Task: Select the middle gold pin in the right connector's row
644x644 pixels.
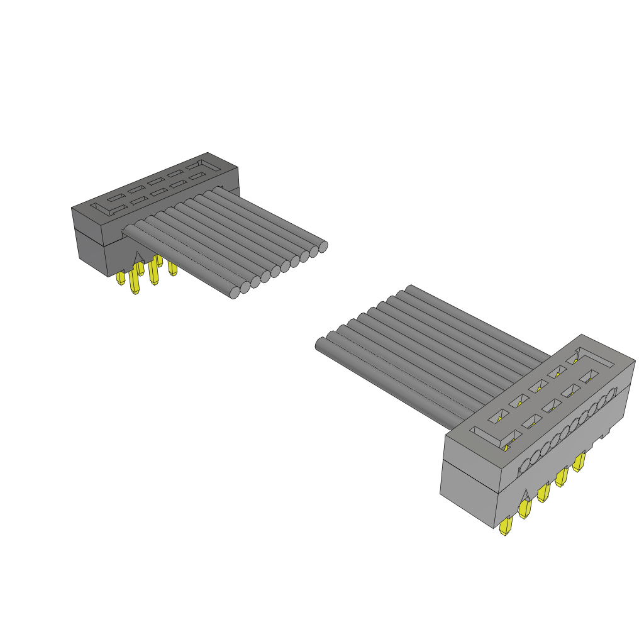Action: tap(542, 492)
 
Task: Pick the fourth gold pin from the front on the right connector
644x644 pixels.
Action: tap(560, 477)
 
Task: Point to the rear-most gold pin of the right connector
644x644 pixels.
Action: tap(579, 462)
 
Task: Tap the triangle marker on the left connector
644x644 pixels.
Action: tap(138, 258)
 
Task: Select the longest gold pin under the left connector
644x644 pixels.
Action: tap(133, 282)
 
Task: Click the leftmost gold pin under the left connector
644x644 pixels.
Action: tap(120, 278)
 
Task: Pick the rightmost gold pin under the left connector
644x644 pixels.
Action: tap(172, 269)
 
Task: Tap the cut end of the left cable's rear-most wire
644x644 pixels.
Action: tap(323, 247)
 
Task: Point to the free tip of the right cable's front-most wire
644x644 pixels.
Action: tap(319, 343)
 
